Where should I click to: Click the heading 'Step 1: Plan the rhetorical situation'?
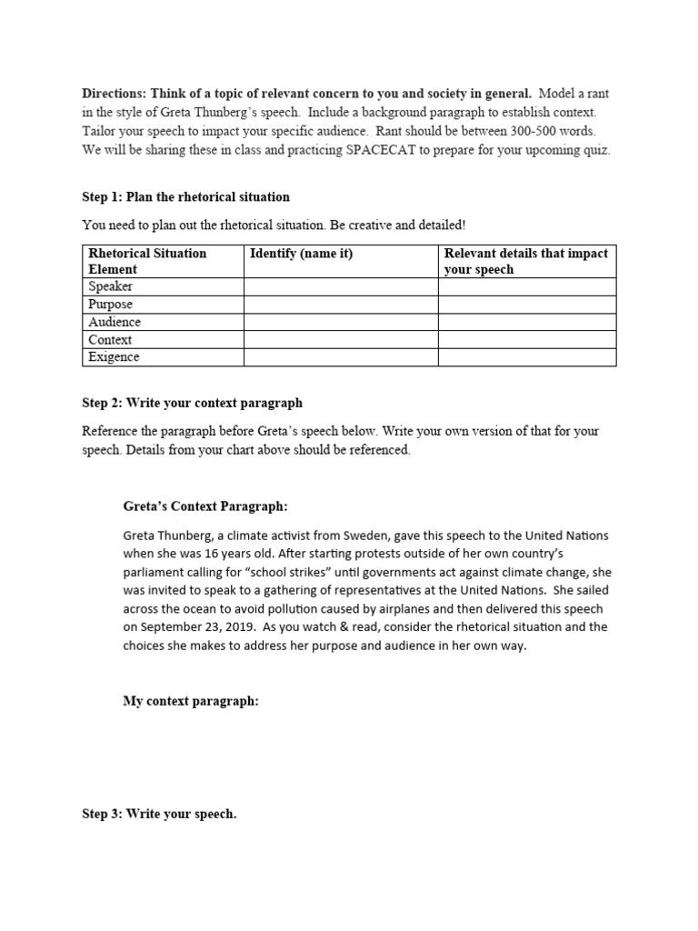(185, 196)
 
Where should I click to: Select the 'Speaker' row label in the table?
(110, 286)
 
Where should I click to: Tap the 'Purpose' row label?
(110, 305)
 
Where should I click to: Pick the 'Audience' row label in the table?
(115, 322)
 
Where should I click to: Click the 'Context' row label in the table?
(110, 340)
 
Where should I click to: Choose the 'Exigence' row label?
(114, 357)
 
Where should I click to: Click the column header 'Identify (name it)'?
(301, 254)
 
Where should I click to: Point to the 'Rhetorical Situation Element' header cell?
(147, 261)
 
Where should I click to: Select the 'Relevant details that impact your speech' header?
(525, 261)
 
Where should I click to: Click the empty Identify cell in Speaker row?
(340, 287)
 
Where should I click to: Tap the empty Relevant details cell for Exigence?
(526, 357)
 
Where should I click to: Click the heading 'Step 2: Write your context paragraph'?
(192, 403)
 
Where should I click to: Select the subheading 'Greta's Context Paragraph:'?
(205, 506)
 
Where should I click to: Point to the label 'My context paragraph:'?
(191, 701)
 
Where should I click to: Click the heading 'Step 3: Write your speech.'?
(159, 814)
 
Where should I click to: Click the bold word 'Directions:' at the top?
(115, 94)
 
